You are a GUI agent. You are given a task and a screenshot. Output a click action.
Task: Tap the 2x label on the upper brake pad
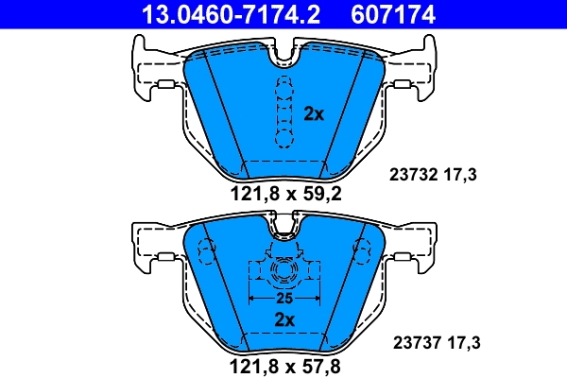point(314,113)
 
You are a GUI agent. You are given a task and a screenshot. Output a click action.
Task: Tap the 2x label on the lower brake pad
point(283,319)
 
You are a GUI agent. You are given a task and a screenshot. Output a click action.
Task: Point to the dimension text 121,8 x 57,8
point(285,365)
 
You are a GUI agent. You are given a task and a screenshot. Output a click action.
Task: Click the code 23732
point(412,174)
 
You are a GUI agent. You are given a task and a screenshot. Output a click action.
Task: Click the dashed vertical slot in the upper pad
point(283,112)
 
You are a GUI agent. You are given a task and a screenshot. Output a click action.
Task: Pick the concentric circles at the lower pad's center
point(283,273)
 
